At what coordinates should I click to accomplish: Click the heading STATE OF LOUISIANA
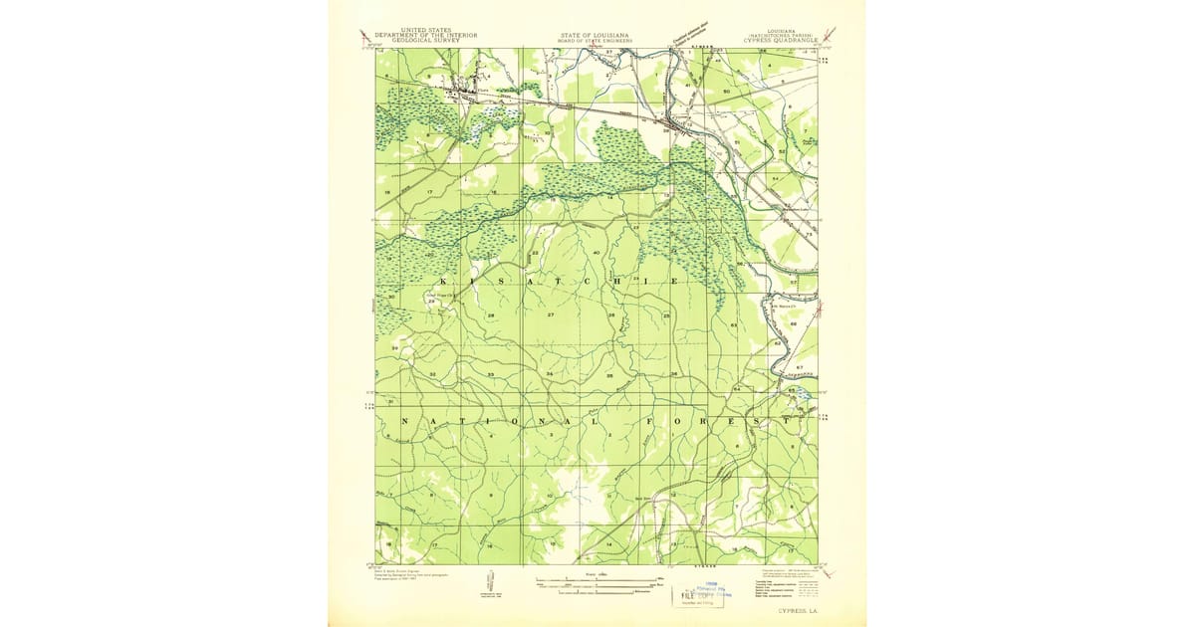pos(597,34)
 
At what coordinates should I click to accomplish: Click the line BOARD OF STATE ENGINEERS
pos(597,40)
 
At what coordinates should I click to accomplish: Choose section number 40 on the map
pos(596,253)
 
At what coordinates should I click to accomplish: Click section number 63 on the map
pos(733,325)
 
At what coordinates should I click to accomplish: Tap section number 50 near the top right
pos(727,92)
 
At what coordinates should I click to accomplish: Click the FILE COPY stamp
pos(702,594)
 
